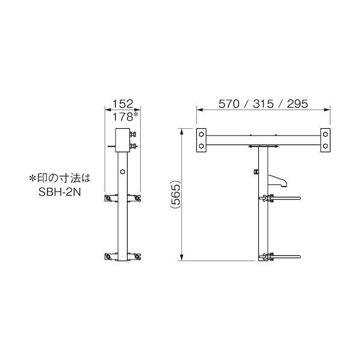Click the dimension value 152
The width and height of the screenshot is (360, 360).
122,102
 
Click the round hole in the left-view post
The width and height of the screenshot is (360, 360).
122,172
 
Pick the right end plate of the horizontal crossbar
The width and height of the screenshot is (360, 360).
325,140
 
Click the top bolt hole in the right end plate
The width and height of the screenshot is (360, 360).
325,134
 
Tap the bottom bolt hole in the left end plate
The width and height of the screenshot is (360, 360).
200,146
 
